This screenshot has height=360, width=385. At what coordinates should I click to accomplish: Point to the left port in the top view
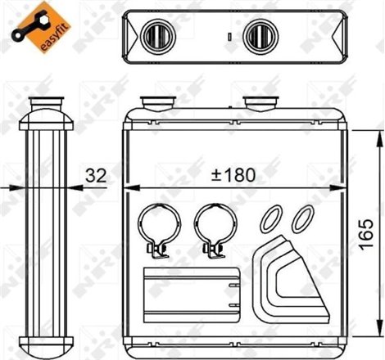coord(155,35)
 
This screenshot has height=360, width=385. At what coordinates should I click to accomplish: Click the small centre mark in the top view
coord(230,36)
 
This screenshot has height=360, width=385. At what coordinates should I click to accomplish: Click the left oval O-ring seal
coord(270,220)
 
